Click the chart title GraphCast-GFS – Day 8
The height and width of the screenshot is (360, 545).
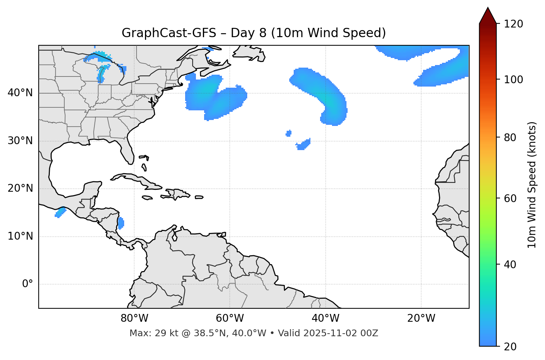(254, 33)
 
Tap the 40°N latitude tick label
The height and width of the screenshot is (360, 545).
(20, 93)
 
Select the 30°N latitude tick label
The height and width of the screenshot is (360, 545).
(20, 141)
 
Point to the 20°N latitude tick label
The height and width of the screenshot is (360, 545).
(20, 188)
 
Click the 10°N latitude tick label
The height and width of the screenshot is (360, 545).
(20, 236)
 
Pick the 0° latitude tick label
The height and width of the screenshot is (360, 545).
(28, 284)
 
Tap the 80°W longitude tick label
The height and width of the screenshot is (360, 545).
(134, 318)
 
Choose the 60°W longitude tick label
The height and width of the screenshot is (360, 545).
(230, 318)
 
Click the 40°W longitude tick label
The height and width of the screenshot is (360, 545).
(325, 318)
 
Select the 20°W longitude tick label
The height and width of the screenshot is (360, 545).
(421, 318)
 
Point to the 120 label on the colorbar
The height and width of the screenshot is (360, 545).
(513, 24)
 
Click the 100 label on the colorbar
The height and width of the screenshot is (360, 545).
(513, 80)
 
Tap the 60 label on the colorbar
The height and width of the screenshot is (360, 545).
(511, 198)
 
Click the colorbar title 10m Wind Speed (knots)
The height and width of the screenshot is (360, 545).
(532, 185)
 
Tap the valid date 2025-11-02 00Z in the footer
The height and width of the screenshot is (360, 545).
(341, 333)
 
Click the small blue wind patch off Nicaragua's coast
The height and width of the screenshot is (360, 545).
(121, 223)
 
